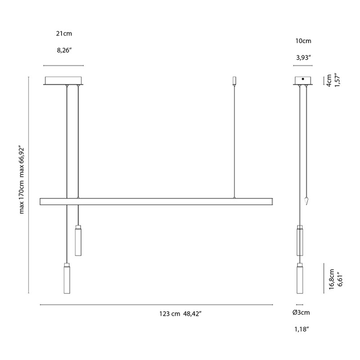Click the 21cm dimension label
pyautogui.click(x=64, y=34)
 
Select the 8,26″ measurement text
pyautogui.click(x=64, y=49)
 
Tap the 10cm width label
pyautogui.click(x=303, y=41)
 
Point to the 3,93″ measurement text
pyautogui.click(x=303, y=57)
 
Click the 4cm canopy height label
pyautogui.click(x=329, y=81)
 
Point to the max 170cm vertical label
pyautogui.click(x=21, y=180)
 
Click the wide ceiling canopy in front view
pyautogui.click(x=63, y=81)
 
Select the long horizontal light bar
pyautogui.click(x=156, y=202)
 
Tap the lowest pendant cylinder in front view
pyautogui.click(x=67, y=279)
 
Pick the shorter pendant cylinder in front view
pyautogui.click(x=78, y=241)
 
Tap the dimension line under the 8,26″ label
pyautogui.click(x=64, y=66)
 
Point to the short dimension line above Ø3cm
pyautogui.click(x=300, y=304)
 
